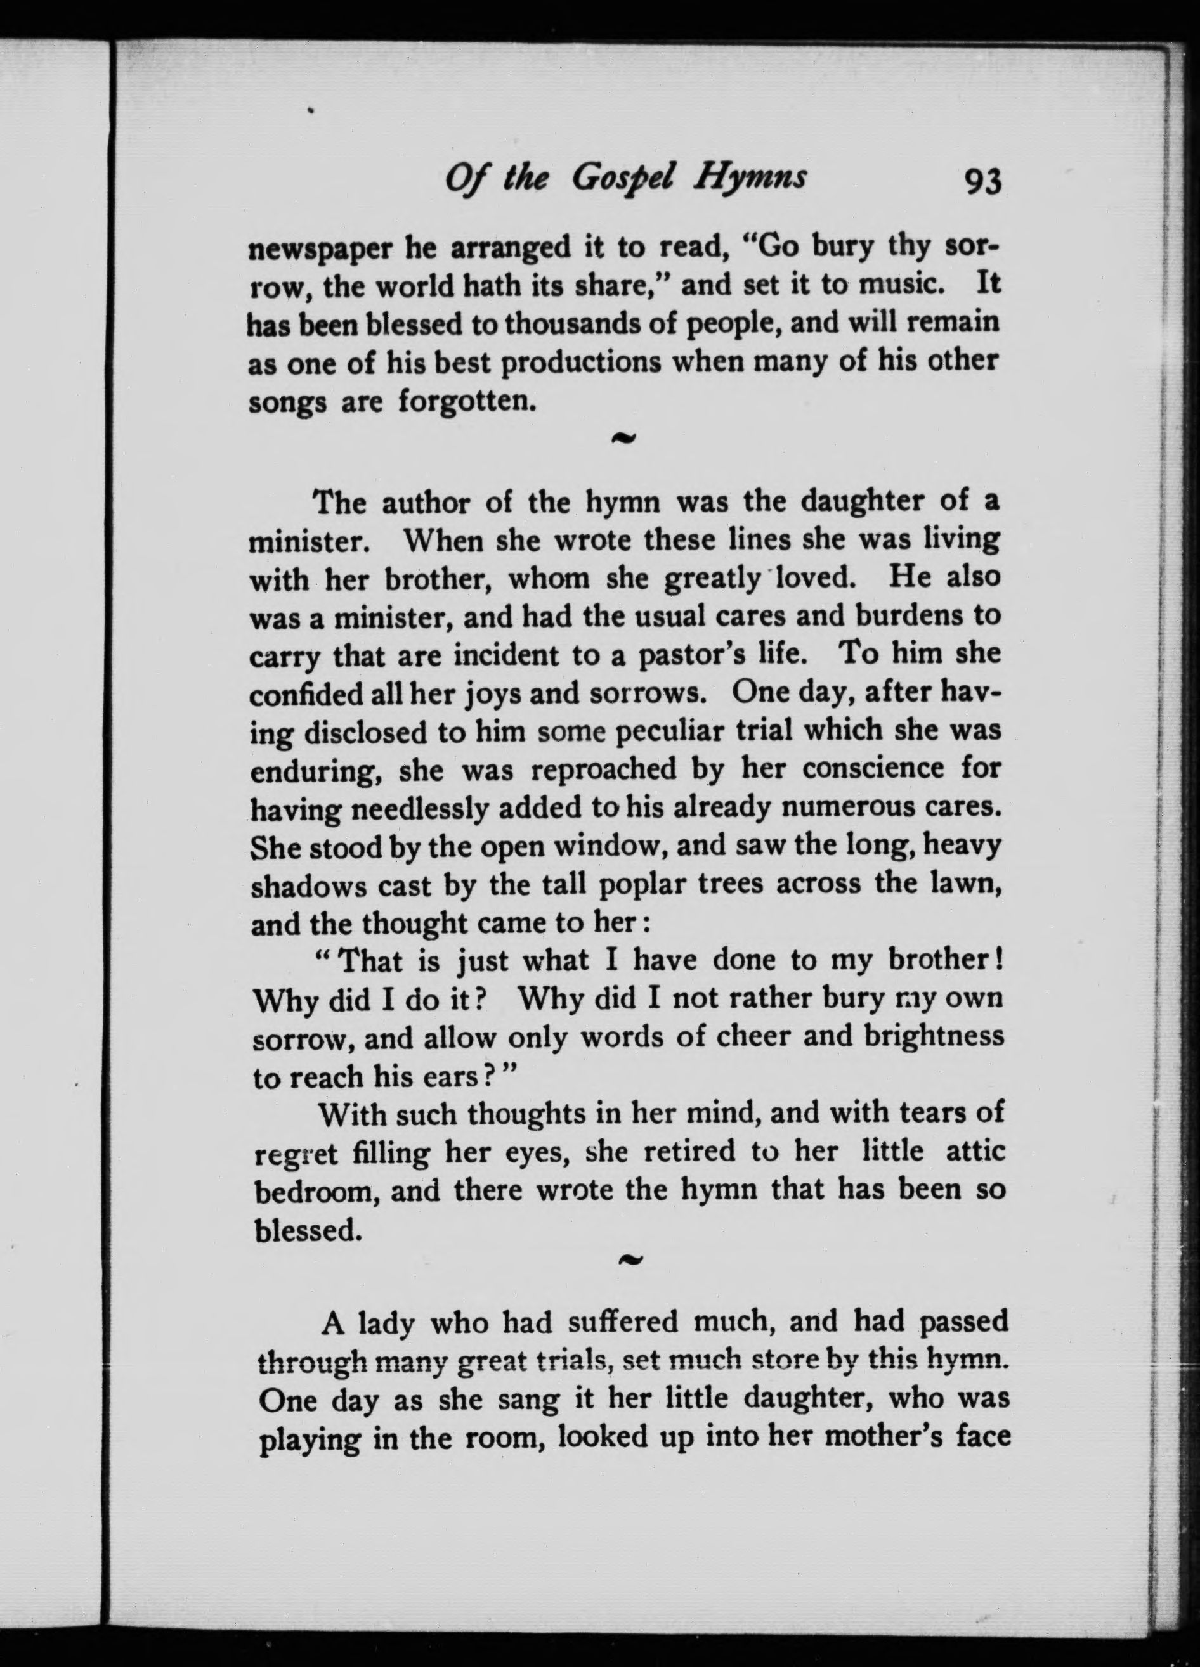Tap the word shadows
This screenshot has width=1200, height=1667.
coord(308,885)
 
